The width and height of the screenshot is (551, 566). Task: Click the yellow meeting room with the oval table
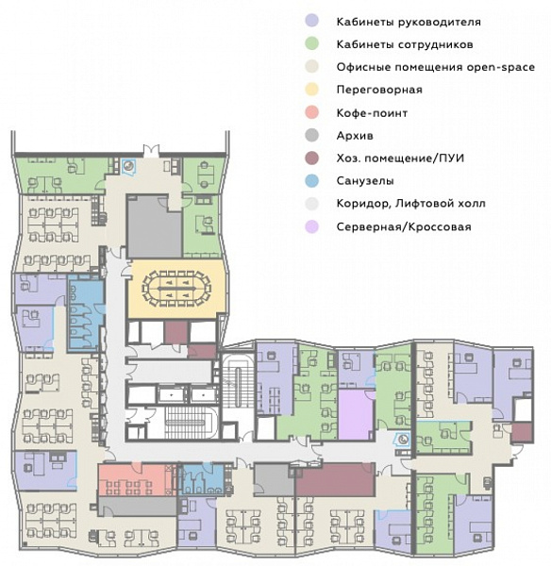(x=177, y=289)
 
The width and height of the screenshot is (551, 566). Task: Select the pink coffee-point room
(x=134, y=479)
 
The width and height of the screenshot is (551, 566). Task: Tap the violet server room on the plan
(x=356, y=414)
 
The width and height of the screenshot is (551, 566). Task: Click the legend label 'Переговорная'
(x=379, y=90)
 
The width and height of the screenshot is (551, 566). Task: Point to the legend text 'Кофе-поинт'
(x=372, y=113)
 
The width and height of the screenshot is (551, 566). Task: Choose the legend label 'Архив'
(x=355, y=136)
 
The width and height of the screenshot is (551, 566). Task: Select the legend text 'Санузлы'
(x=365, y=180)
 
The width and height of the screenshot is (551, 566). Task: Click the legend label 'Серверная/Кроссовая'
(x=404, y=226)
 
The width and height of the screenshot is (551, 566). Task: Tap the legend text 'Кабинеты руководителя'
(x=409, y=22)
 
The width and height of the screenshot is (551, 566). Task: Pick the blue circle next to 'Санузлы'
(x=312, y=180)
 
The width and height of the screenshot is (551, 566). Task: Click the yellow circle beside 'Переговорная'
(x=312, y=90)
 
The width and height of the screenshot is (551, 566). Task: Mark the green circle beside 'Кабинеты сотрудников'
(x=312, y=44)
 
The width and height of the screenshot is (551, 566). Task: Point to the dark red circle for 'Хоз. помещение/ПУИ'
(x=312, y=158)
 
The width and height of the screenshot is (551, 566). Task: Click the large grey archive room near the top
(x=154, y=227)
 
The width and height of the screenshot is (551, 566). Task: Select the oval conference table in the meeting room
(x=176, y=289)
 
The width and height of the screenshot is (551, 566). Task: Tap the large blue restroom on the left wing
(x=86, y=312)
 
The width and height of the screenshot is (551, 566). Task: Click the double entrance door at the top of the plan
(x=151, y=151)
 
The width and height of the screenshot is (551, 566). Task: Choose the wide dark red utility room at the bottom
(x=335, y=479)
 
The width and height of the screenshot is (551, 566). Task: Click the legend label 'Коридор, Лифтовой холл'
(x=411, y=204)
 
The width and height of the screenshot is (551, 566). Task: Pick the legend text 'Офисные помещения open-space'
(x=436, y=67)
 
